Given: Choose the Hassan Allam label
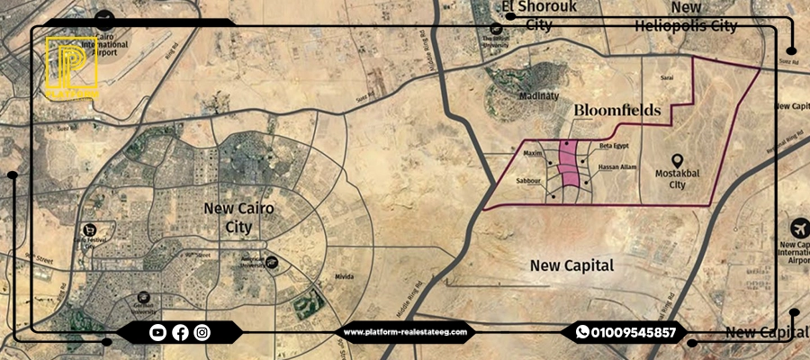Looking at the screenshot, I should (x=616, y=167).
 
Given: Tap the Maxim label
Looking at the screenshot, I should (x=533, y=154).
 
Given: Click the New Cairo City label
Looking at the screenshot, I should (x=238, y=218).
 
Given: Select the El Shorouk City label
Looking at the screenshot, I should (x=538, y=16).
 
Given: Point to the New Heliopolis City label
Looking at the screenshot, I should (x=685, y=16).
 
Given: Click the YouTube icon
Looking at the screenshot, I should (x=158, y=332).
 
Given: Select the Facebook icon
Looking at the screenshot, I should (x=180, y=332).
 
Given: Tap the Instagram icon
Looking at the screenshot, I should (x=202, y=332).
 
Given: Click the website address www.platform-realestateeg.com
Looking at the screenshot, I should (x=405, y=332).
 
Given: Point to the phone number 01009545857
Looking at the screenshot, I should (x=633, y=332).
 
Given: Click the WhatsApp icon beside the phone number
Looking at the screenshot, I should (x=582, y=332).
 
